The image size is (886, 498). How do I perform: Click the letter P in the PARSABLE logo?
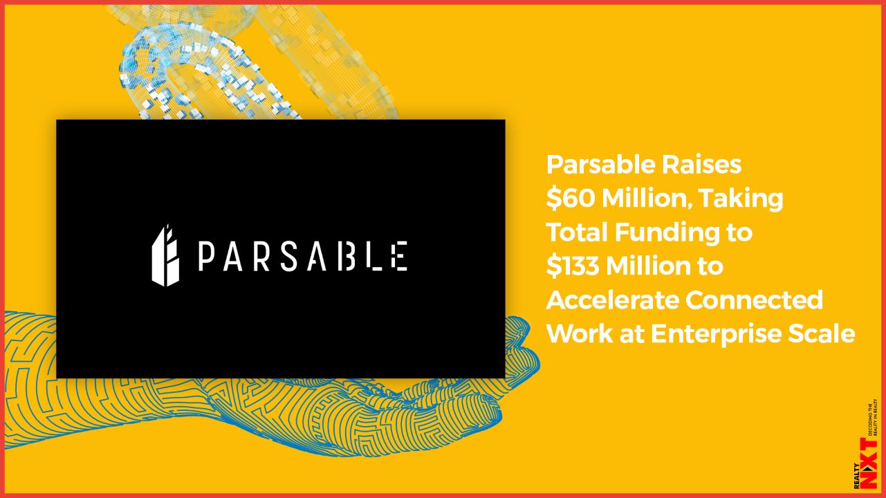[205, 257]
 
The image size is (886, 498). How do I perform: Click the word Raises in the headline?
[701, 165]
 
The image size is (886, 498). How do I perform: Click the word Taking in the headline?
[741, 199]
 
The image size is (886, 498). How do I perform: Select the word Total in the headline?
[577, 232]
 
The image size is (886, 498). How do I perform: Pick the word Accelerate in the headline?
[612, 300]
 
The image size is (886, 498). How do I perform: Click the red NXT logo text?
[870, 469]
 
